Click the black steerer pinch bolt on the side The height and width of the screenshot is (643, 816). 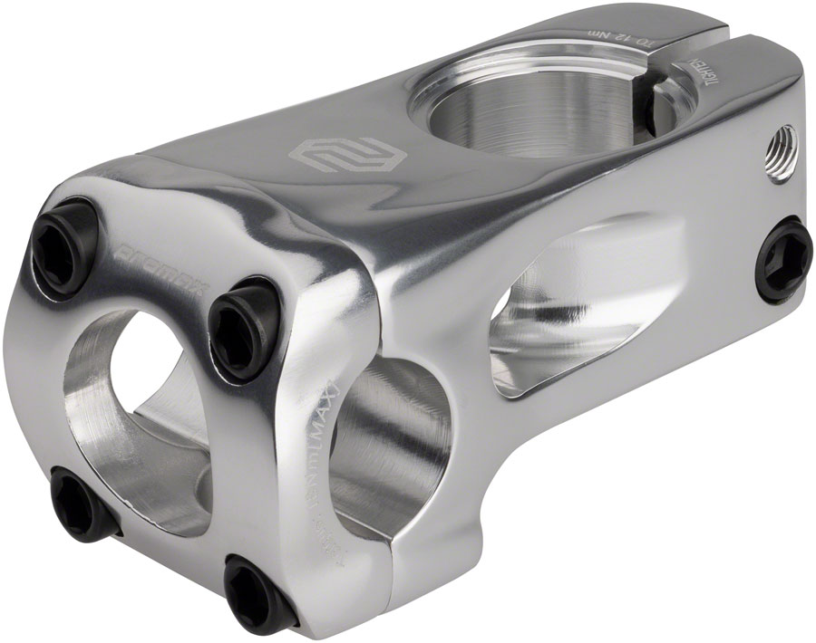(785, 259)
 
